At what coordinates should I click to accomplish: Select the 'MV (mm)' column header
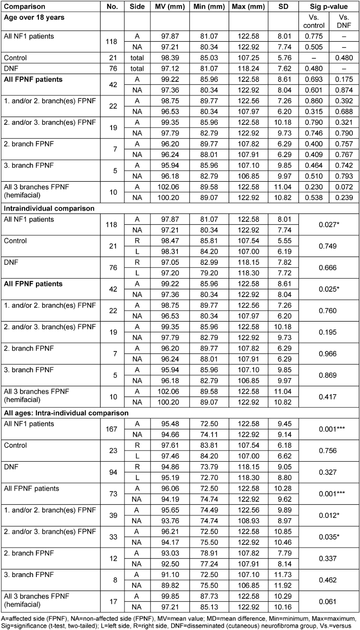(169, 7)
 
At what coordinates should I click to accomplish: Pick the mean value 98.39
(169, 57)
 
